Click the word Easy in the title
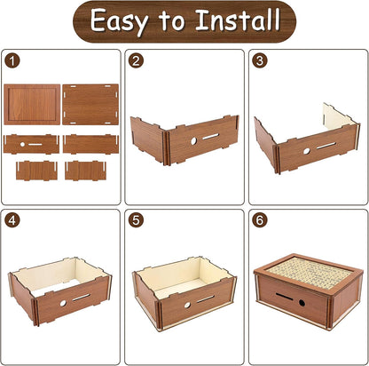coord(119,21)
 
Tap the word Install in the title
coord(238,20)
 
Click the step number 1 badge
coord(12,61)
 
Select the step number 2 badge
coord(136,61)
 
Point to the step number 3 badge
coord(260,60)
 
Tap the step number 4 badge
coord(12,220)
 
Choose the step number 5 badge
coord(136,220)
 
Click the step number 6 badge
coord(260,220)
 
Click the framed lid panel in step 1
coord(32,105)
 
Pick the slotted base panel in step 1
coord(90,105)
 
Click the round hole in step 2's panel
coord(193,141)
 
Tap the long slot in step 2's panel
coord(211,137)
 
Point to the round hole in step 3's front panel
coord(306,151)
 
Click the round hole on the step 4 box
coord(63,303)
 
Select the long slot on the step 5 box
coord(206,299)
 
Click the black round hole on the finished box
coord(302,303)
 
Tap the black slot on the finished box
coord(285,297)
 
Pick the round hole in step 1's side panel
coord(22,144)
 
